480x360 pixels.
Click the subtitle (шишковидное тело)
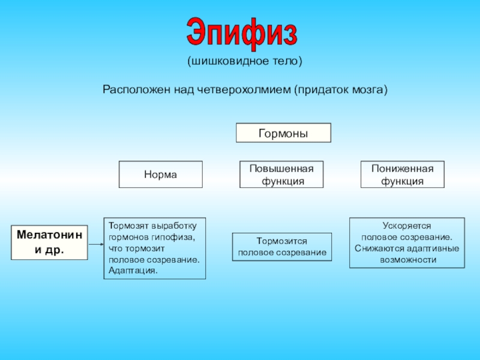(244, 61)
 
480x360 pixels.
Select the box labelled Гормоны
(283, 133)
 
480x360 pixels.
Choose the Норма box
(160, 175)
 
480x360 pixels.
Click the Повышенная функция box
(281, 175)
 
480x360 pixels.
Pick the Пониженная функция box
(402, 175)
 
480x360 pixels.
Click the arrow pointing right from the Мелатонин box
(96, 244)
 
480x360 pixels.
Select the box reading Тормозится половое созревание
(282, 247)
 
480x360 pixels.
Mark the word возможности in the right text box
(407, 260)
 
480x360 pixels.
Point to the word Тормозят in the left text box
(128, 226)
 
